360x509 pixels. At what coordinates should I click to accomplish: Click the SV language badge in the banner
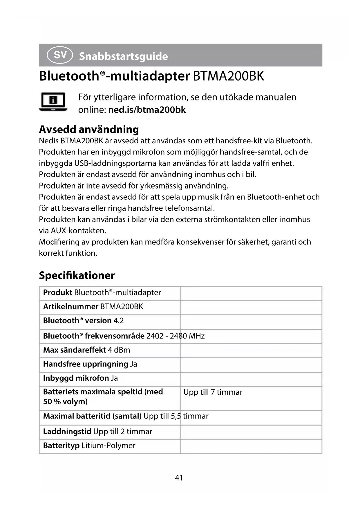[59, 55]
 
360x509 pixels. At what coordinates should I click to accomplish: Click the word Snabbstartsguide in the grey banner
[123, 56]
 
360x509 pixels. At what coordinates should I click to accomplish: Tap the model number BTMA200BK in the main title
[228, 76]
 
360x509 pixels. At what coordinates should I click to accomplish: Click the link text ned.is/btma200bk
[147, 110]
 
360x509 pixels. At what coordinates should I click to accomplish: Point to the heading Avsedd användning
[89, 129]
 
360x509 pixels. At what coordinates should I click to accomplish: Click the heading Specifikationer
[77, 275]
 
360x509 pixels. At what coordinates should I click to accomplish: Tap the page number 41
[179, 477]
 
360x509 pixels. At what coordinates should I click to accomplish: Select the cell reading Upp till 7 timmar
[213, 392]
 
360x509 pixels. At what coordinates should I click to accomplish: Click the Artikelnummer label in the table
[71, 306]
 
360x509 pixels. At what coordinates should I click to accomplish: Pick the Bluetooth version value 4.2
[119, 321]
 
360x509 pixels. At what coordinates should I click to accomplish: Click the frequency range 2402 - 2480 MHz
[176, 336]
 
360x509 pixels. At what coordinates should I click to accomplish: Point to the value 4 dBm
[119, 350]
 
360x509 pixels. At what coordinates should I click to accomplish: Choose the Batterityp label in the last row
[61, 445]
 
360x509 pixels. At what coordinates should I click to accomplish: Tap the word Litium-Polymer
[108, 445]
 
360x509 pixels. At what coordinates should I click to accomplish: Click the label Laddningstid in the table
[67, 432]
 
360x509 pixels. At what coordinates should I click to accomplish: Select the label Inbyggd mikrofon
[76, 378]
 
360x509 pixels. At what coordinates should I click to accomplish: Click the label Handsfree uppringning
[86, 364]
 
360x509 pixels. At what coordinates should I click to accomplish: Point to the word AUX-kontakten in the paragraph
[78, 231]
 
